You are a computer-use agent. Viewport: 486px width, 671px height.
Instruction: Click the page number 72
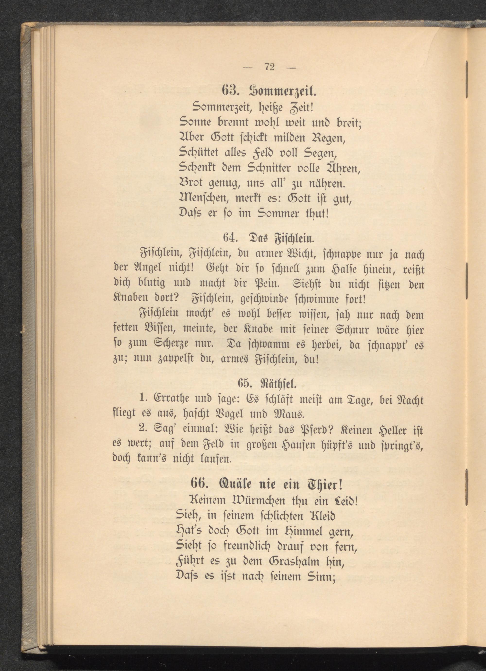click(x=269, y=67)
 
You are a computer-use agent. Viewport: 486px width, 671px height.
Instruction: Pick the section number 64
click(x=231, y=237)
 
